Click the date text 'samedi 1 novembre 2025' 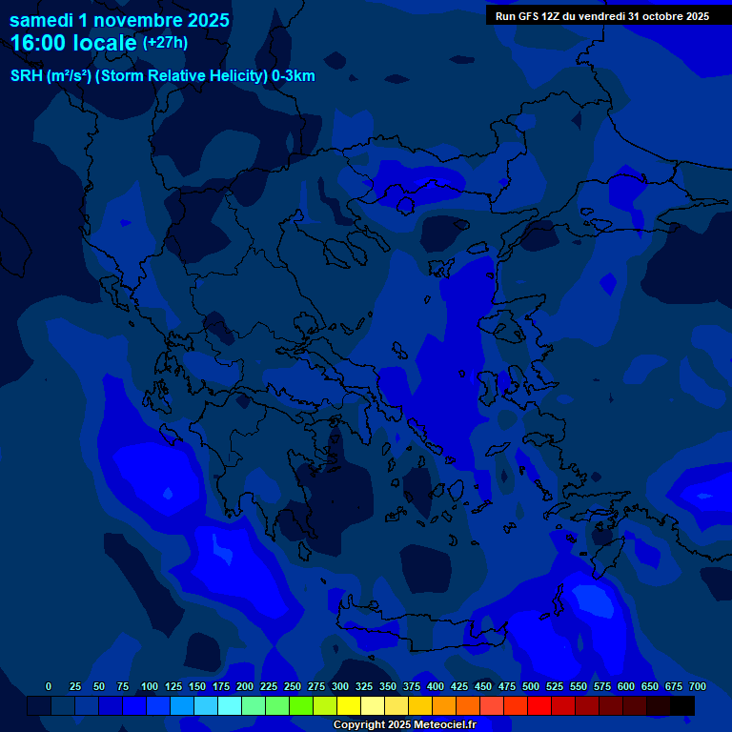119,19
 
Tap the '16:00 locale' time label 74,43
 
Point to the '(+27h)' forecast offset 165,43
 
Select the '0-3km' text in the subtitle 295,76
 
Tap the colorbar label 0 49,686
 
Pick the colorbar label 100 150,686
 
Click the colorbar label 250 293,686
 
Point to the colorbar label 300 340,686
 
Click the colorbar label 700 698,686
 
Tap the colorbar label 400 436,686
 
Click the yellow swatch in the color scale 349,705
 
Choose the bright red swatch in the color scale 539,705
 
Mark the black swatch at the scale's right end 682,705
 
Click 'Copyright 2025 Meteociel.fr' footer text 404,725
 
